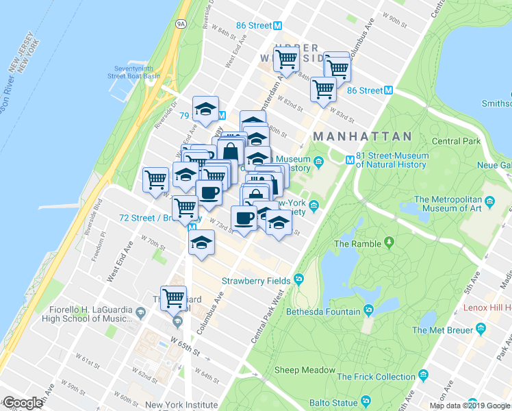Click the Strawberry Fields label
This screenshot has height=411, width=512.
255,281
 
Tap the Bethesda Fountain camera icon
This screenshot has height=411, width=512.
369,312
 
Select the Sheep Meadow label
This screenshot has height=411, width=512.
305,371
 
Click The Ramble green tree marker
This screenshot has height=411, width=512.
389,242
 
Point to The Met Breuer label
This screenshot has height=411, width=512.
438,330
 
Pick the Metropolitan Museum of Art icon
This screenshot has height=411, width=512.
490,203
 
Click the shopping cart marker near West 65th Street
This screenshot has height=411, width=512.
174,299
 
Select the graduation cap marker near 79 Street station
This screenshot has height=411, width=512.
205,110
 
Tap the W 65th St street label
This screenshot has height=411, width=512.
186,343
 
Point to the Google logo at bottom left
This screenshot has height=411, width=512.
23,403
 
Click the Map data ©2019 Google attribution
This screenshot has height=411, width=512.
469,406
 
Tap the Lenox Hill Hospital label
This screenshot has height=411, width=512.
486,308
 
